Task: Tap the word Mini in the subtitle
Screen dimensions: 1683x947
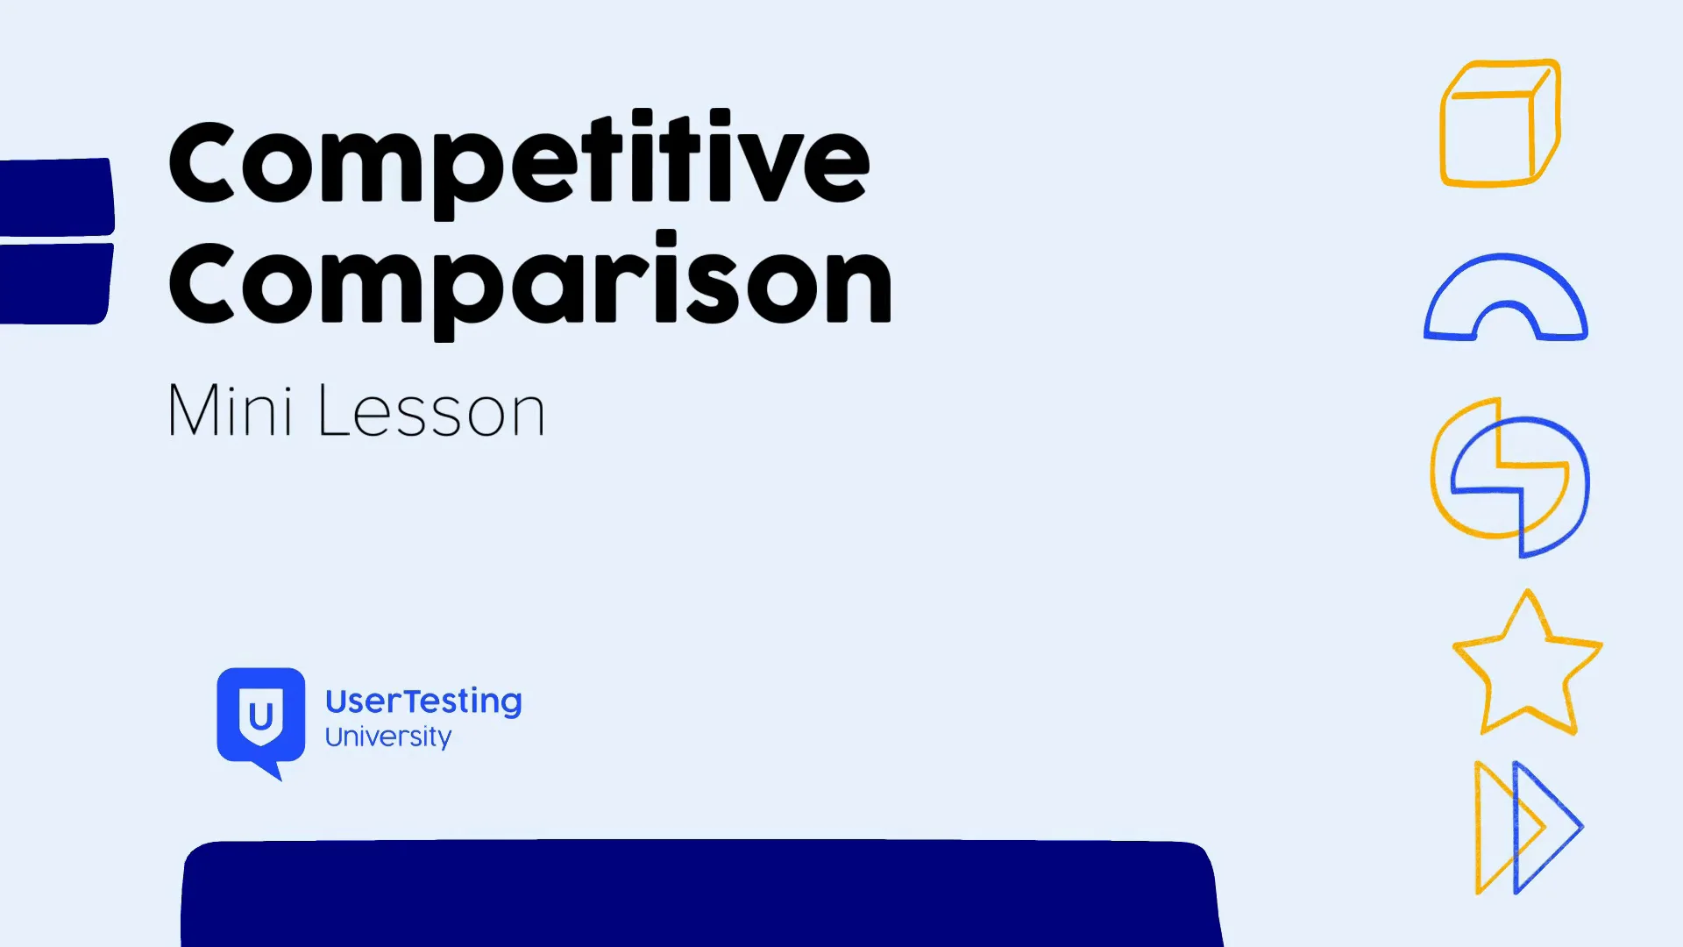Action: click(x=230, y=409)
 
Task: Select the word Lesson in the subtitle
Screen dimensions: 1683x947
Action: click(x=431, y=409)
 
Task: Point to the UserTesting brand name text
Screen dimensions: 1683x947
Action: click(x=423, y=701)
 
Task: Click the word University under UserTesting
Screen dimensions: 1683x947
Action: click(x=388, y=737)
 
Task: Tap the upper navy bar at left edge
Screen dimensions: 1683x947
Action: click(x=57, y=196)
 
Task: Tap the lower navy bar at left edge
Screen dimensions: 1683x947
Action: click(x=56, y=283)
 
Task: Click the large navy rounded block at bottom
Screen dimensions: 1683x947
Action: click(x=701, y=893)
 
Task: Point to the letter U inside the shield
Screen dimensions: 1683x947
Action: click(x=260, y=717)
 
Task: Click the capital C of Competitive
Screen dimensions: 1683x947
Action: click(x=202, y=163)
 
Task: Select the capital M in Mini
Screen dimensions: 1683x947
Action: click(x=195, y=409)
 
